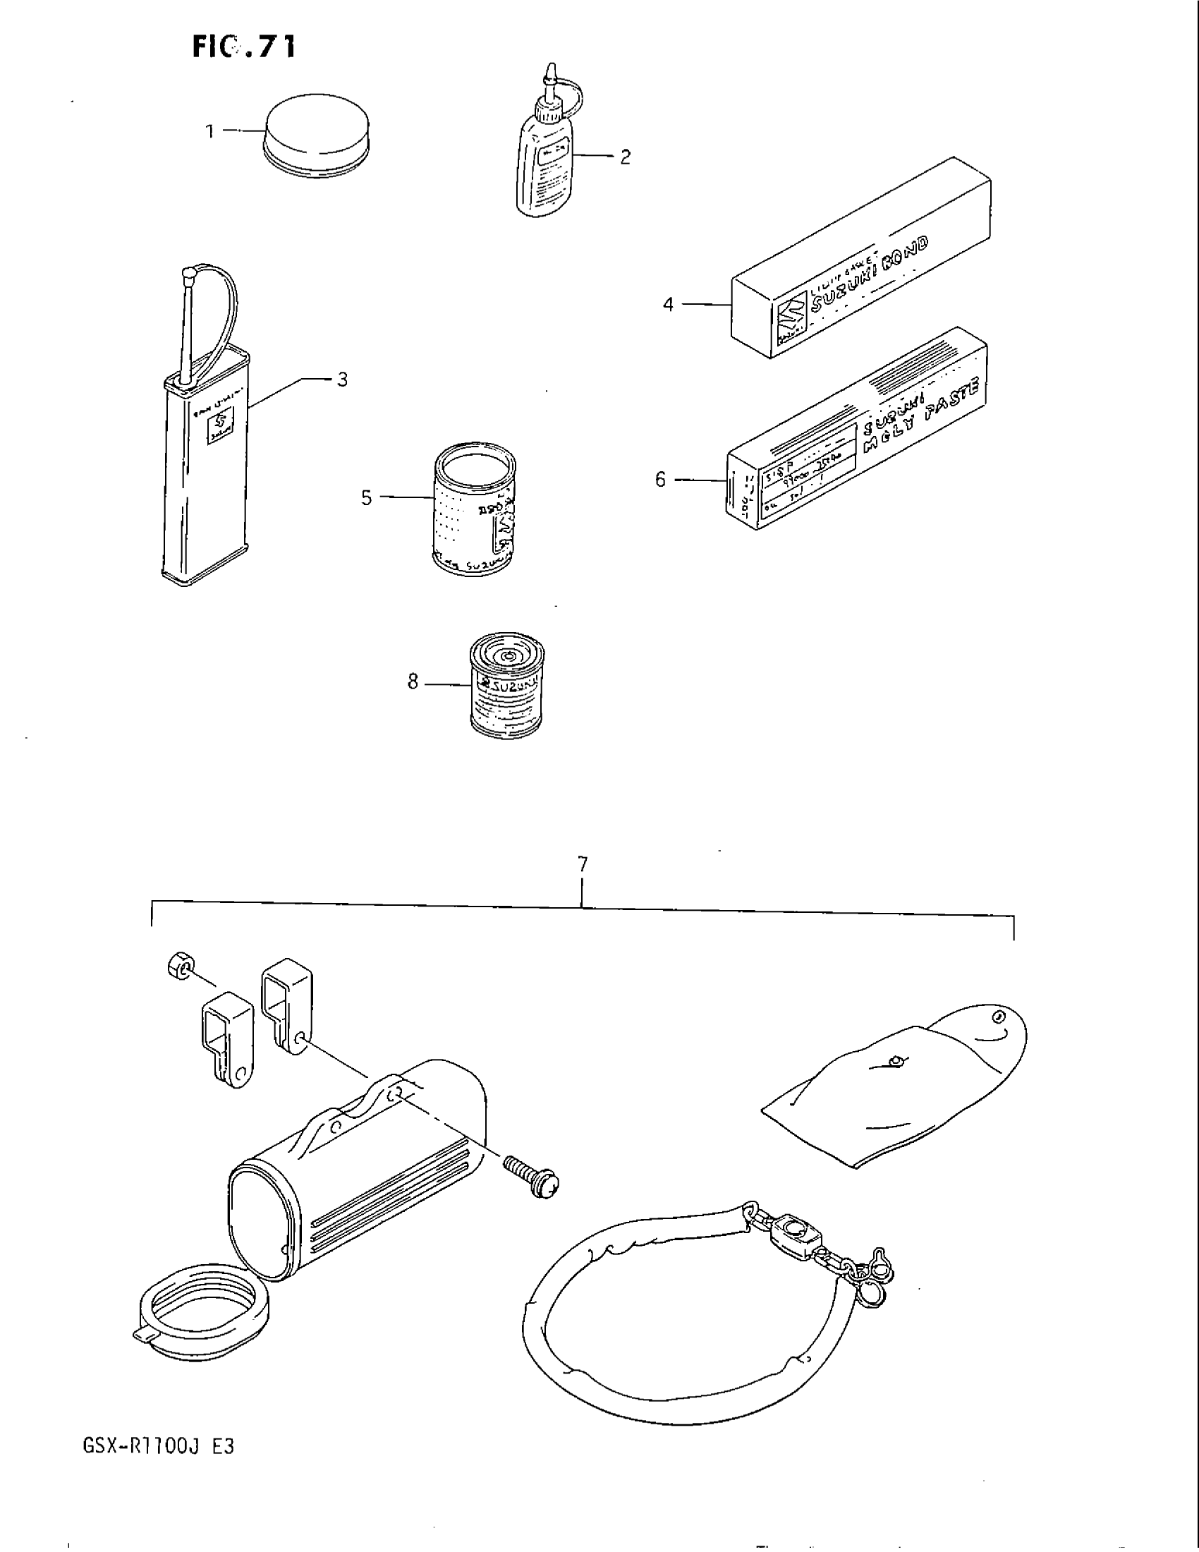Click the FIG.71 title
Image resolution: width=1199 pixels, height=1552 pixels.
[242, 47]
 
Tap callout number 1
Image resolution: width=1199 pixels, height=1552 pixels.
[210, 131]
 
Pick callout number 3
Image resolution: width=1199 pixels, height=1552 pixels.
[342, 380]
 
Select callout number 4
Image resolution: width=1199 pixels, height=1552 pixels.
[668, 305]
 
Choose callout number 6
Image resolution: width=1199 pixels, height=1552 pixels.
[661, 480]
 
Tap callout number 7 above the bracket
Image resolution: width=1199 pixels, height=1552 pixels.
[583, 865]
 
